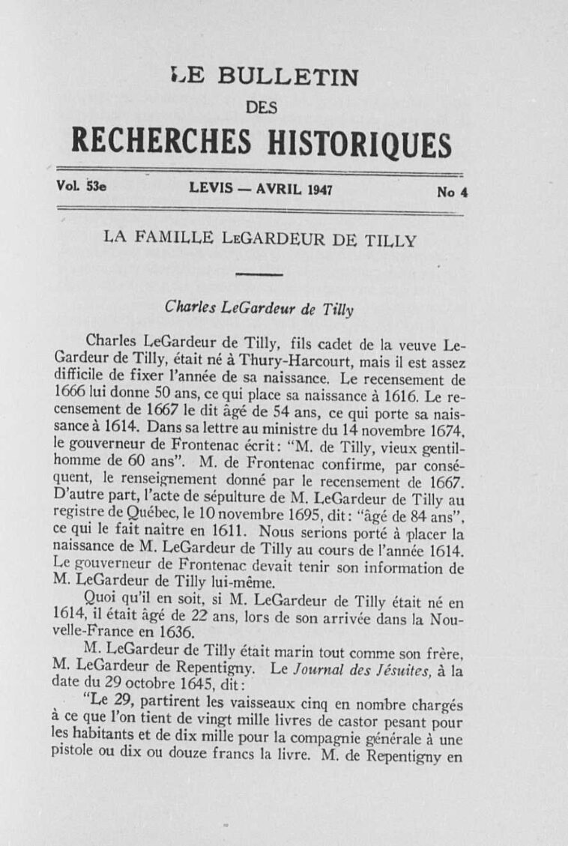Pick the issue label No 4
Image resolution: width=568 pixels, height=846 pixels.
click(452, 192)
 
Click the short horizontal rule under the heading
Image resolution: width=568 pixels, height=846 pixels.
click(258, 275)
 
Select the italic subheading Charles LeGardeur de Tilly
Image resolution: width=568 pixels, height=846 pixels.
click(259, 307)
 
